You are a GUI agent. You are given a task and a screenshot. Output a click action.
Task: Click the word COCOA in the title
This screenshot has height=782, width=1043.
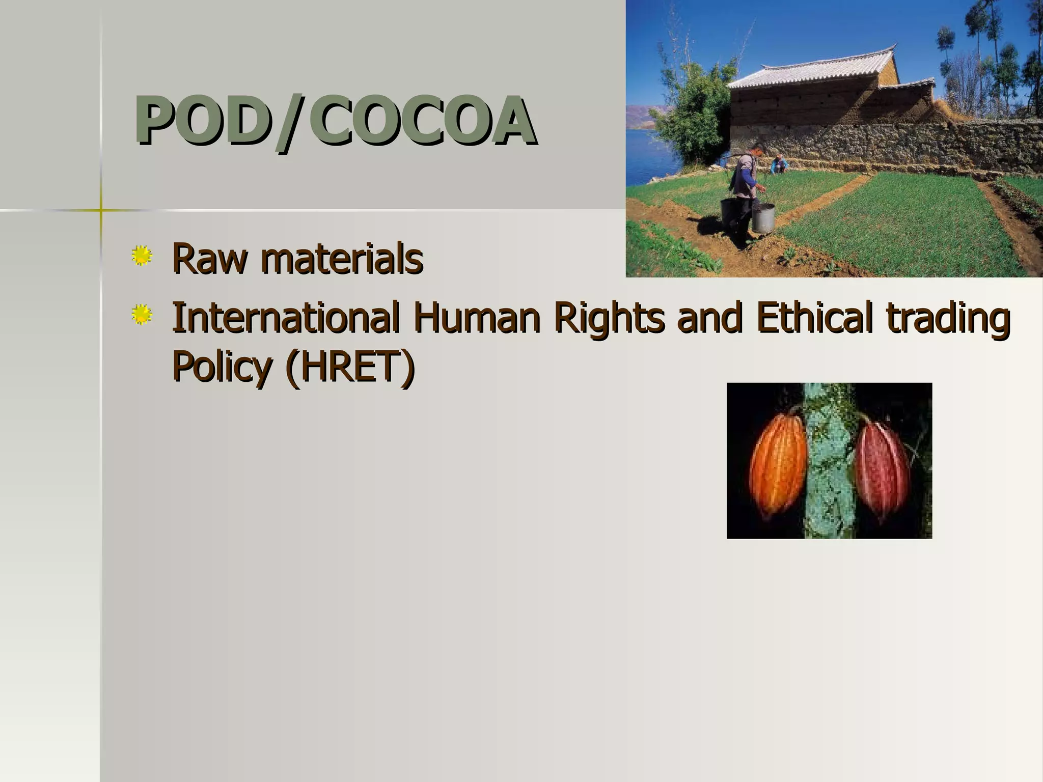tap(426, 121)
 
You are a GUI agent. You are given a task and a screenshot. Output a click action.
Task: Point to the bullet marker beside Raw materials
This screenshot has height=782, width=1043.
tap(142, 256)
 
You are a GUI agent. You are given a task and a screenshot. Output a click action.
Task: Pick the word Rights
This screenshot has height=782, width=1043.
tap(609, 318)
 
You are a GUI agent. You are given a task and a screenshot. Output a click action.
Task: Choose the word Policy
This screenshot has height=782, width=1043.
tap(221, 367)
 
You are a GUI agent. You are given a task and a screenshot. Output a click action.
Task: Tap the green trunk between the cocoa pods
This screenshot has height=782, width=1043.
tap(830, 463)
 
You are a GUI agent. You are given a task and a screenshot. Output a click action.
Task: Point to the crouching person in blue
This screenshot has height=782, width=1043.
tap(779, 164)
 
